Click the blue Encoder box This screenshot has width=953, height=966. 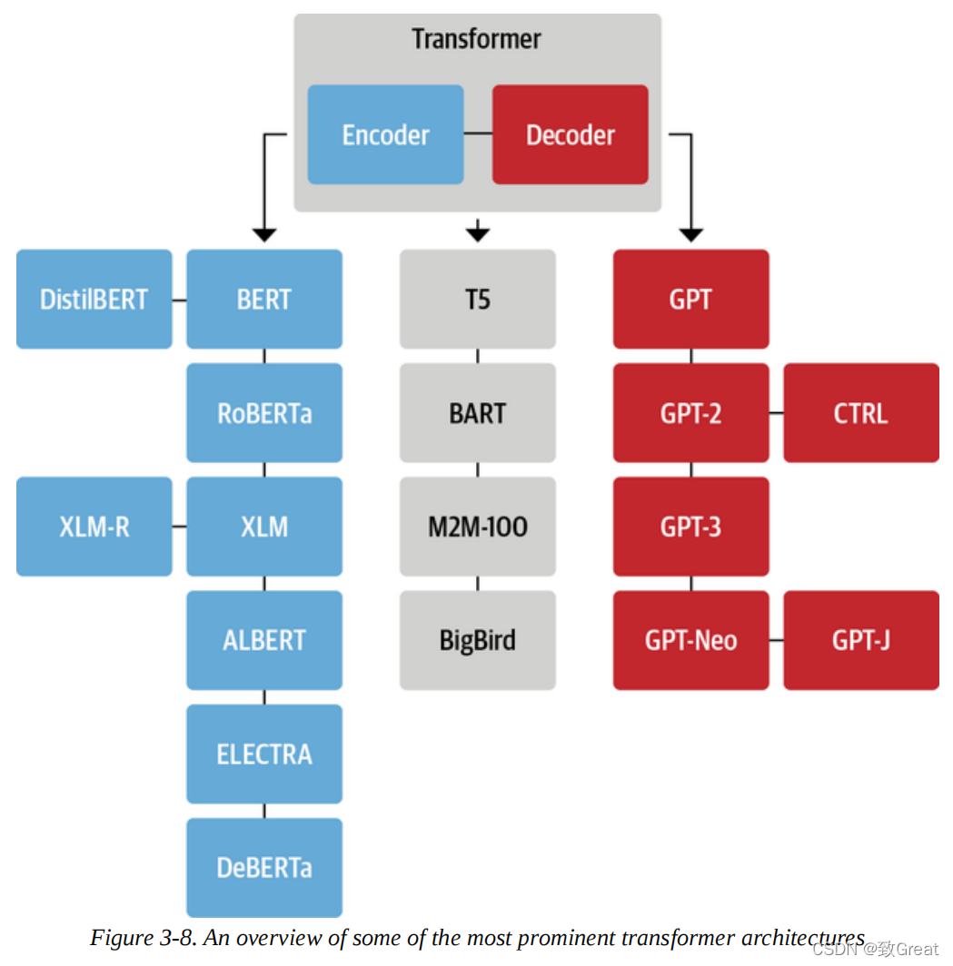point(385,135)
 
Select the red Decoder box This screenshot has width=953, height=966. point(570,135)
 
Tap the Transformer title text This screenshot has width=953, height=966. point(476,40)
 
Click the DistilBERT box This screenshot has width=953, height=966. point(94,300)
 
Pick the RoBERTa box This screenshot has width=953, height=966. point(264,413)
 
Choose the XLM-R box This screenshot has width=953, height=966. point(94,527)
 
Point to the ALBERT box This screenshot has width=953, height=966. point(264,640)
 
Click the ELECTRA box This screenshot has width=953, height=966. point(264,754)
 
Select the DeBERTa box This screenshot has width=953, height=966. point(264,867)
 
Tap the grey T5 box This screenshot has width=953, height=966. point(478,300)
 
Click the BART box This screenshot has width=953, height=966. point(478,413)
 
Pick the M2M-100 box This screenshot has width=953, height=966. point(478,527)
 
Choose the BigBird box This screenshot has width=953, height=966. point(478,640)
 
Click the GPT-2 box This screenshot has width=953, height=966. point(690,413)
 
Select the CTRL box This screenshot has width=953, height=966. point(860,413)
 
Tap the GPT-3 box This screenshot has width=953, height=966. point(690,527)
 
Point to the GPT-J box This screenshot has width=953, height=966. point(860,640)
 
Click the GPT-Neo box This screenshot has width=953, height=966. point(690,640)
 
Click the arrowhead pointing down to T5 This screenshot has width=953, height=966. point(478,233)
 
